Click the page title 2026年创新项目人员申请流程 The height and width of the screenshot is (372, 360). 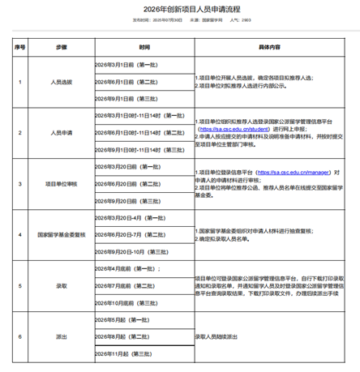point(180,7)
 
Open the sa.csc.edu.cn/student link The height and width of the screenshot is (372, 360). point(235,127)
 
